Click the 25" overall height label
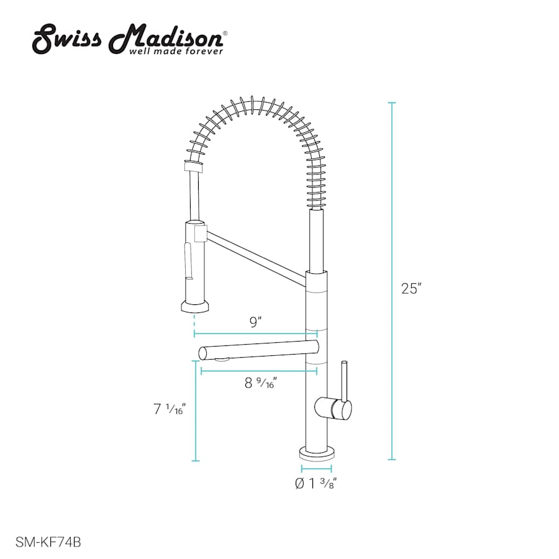411,288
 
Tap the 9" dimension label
256,322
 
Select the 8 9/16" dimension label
261,383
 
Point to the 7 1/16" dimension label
170,409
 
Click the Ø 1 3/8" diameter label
316,483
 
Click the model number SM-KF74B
48,542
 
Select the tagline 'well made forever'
176,52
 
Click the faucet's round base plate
317,453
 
